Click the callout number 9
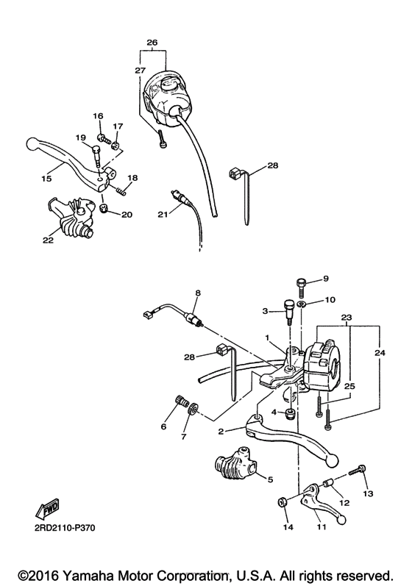[327, 279]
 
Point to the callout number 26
[152, 43]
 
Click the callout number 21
[163, 214]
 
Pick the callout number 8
[197, 293]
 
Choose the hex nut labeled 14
[283, 502]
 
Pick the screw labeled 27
[161, 142]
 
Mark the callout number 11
[321, 527]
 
